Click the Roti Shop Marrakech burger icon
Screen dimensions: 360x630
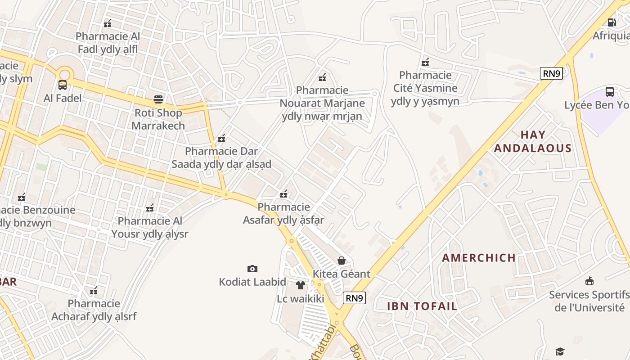pos(158,99)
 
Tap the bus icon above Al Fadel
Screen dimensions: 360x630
pos(63,85)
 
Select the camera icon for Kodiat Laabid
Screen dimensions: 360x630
pos(252,269)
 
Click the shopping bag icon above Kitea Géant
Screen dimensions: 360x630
pos(342,261)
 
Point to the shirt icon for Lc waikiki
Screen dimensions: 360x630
pos(301,285)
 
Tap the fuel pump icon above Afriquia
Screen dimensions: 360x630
pos(612,22)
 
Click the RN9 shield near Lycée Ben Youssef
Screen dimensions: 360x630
pos(551,73)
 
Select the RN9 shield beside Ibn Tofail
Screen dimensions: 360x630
pos(355,297)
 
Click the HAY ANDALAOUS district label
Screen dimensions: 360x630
pos(533,141)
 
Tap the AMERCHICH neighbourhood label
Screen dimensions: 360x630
pos(479,258)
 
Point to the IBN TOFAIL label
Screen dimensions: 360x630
pos(422,306)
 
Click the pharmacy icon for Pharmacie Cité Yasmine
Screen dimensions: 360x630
pos(425,62)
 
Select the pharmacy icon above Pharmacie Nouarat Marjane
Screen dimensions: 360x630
pos(322,77)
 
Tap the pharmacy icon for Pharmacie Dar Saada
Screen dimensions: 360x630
pos(221,138)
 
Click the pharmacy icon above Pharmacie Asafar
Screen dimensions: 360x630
pos(283,194)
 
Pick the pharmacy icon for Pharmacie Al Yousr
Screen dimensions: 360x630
pos(150,208)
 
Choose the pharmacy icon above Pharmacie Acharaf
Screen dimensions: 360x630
pos(94,291)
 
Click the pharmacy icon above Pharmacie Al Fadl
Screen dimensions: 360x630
pos(108,23)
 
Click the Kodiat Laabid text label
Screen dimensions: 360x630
pos(252,282)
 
